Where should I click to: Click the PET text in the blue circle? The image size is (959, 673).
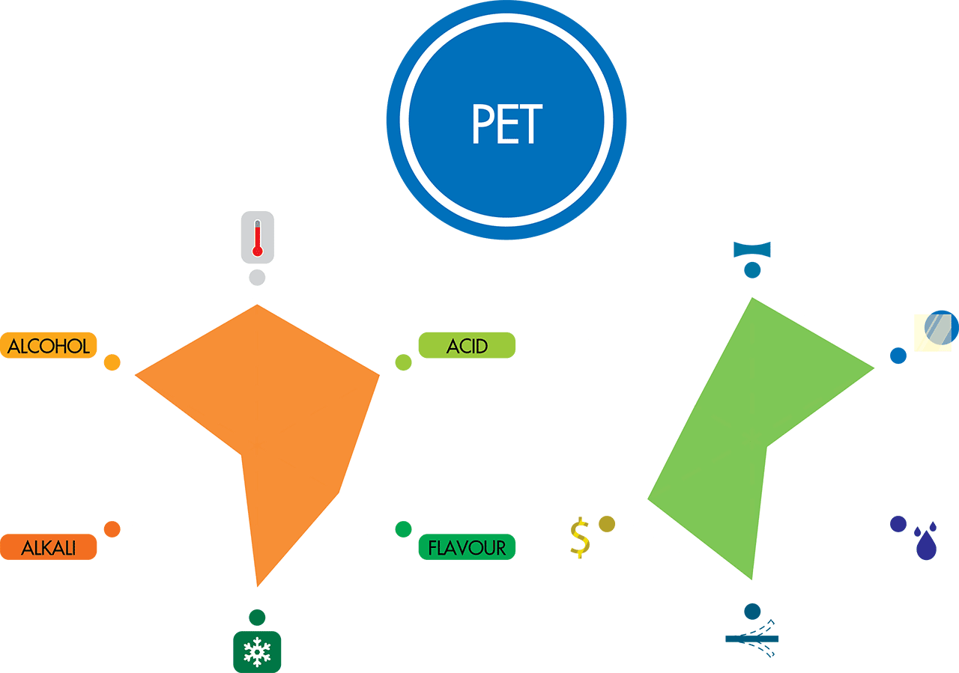506,123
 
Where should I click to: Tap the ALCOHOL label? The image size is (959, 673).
49,346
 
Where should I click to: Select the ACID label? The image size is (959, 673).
467,346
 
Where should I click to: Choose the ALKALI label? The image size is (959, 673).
49,547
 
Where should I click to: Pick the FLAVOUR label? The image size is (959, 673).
467,547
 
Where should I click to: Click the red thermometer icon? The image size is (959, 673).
257,237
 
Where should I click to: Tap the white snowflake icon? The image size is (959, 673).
257,652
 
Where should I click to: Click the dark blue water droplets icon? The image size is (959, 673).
926,540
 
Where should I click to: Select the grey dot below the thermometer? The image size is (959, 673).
257,278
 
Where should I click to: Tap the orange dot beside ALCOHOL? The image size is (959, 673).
112,363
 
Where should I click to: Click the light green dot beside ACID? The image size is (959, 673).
403,363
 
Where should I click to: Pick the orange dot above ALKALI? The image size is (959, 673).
112,529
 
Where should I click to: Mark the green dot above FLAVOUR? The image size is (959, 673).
403,529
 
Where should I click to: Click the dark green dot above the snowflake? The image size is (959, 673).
257,618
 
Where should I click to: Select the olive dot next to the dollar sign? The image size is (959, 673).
607,524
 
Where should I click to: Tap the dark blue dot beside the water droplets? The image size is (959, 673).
898,524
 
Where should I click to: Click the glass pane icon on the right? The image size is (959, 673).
937,329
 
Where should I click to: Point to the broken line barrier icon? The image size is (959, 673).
752,639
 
